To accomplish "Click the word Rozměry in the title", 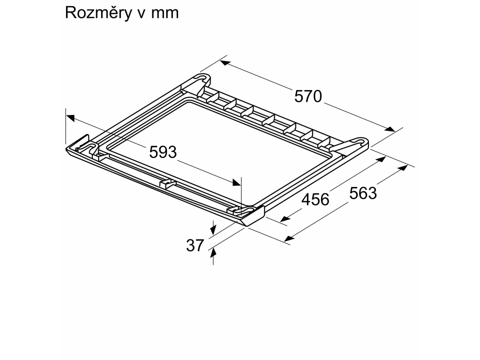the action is coord(98,13).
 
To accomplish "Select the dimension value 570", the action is coord(308,96).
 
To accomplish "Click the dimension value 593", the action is coord(163,152).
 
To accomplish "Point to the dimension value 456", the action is coord(315,200).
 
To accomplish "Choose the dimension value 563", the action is coord(363,193).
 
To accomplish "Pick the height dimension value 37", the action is coord(195,246).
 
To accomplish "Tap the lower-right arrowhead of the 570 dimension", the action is coord(390,129).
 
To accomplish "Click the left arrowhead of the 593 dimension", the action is coord(70,118).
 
